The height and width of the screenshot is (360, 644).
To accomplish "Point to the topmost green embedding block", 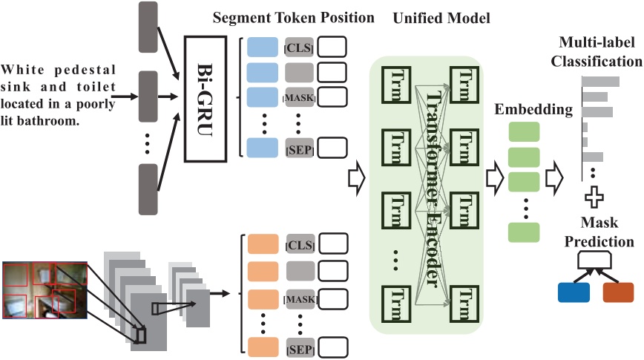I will click(x=523, y=132).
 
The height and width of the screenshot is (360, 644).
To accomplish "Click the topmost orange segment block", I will click(x=263, y=244).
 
